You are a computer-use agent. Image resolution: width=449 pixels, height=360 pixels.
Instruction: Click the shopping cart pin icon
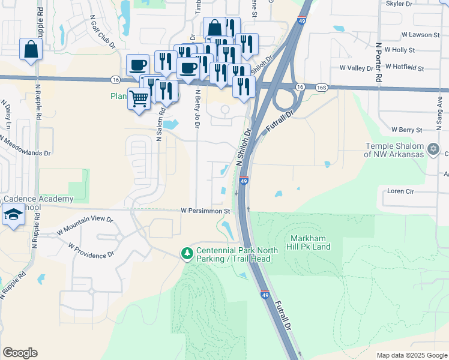139,98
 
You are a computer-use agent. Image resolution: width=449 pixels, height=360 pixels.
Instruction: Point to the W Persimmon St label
206,211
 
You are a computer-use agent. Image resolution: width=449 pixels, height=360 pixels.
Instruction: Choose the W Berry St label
407,129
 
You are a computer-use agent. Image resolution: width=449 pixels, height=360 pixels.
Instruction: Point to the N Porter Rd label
378,61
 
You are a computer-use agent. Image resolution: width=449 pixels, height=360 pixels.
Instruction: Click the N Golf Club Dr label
103,32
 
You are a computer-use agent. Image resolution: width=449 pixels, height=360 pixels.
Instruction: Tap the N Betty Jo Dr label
197,109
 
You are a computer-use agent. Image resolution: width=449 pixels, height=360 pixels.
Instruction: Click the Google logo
20,353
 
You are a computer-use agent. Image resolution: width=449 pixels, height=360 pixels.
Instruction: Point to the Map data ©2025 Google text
411,355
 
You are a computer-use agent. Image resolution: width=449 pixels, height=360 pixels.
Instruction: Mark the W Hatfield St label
405,67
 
